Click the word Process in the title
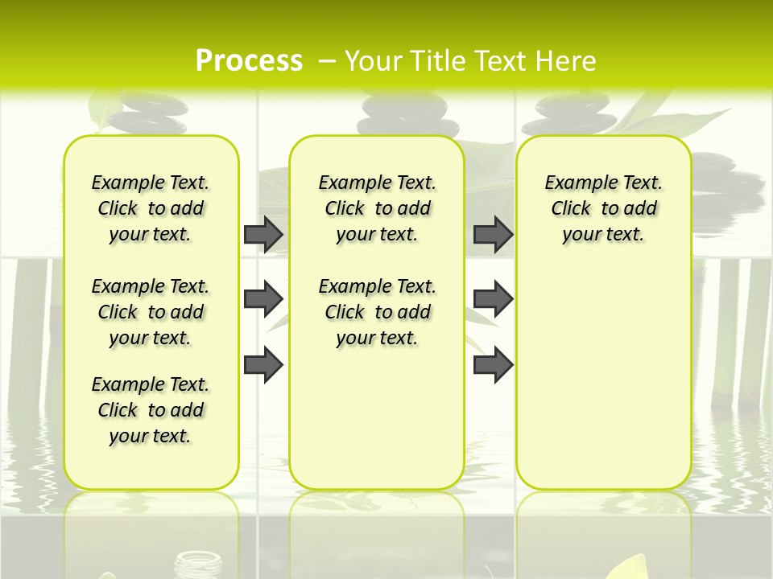pos(249,60)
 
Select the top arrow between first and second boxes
pos(263,235)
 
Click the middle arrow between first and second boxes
pos(263,299)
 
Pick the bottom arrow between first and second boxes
pos(263,365)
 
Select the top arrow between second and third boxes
pos(493,235)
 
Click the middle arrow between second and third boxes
pos(493,299)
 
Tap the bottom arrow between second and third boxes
pos(493,365)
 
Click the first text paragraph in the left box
pos(151,208)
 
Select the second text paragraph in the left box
pos(151,312)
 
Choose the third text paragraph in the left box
pos(151,410)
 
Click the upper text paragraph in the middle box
pos(378,208)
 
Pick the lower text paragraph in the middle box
pos(378,312)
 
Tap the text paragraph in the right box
pos(604,208)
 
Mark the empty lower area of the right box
pos(604,378)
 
